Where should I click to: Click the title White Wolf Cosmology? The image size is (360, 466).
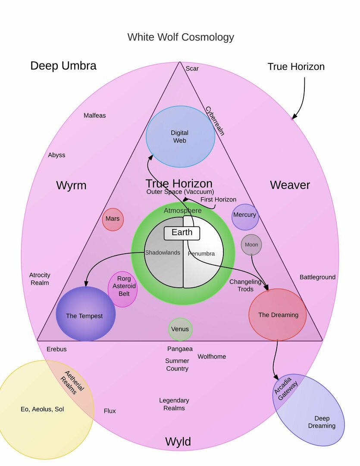click(181, 37)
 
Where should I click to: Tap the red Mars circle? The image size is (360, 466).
click(113, 219)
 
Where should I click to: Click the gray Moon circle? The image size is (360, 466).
click(251, 245)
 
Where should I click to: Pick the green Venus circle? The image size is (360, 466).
click(180, 329)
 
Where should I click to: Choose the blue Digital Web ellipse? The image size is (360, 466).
click(180, 136)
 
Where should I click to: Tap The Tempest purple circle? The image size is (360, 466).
click(85, 314)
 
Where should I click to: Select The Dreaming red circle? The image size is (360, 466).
click(278, 315)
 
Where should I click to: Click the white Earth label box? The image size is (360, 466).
click(182, 233)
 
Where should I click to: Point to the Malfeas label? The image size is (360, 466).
click(95, 116)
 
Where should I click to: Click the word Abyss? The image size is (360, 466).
click(56, 155)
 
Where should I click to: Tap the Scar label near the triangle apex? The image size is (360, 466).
click(192, 69)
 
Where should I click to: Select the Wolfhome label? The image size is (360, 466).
click(212, 356)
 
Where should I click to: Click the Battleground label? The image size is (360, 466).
click(317, 277)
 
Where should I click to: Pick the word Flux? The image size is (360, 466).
click(110, 411)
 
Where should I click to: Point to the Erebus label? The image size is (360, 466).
click(57, 349)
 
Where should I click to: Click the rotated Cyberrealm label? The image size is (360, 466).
click(215, 121)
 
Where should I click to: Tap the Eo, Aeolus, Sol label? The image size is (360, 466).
click(42, 409)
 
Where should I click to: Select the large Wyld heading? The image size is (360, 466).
click(178, 442)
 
